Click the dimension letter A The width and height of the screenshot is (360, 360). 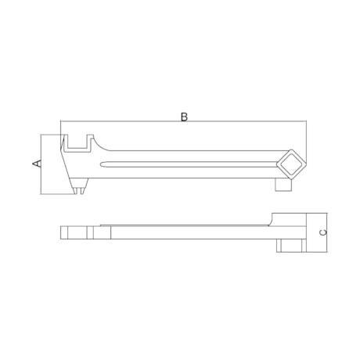[x=36, y=163]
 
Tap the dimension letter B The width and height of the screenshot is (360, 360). [x=184, y=117]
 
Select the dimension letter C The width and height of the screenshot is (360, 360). [x=322, y=233]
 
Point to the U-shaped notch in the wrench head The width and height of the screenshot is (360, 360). [x=75, y=142]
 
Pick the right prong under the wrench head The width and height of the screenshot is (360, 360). [x=83, y=189]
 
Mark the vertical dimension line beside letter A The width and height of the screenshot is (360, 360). [x=42, y=164]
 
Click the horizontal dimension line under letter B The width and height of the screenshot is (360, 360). [x=184, y=123]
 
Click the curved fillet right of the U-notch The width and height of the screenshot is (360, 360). [x=95, y=144]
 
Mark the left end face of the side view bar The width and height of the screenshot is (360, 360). [x=62, y=232]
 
